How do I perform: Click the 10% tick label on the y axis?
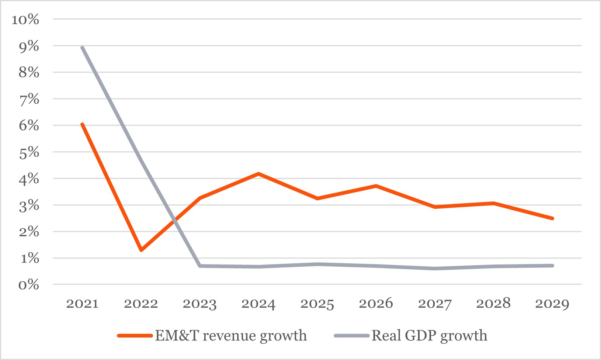[x=25, y=20]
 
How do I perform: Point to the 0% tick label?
[x=28, y=284]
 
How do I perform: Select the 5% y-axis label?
[x=29, y=152]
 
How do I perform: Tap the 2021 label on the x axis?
[x=82, y=304]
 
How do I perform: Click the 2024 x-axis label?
[x=258, y=304]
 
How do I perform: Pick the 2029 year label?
[x=552, y=304]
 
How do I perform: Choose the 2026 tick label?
[x=376, y=304]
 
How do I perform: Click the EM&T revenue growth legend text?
[x=231, y=336]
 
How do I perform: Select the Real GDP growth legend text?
[x=430, y=336]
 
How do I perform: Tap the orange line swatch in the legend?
[x=135, y=336]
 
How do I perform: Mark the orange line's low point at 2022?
[x=141, y=250]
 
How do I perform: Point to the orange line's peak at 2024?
[x=258, y=173]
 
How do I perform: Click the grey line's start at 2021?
[x=82, y=48]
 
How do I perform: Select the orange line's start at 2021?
[x=82, y=124]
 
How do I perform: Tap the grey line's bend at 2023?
[x=200, y=266]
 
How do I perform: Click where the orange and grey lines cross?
[x=175, y=221]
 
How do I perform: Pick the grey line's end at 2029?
[x=552, y=266]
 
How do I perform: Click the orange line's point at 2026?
[x=376, y=186]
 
